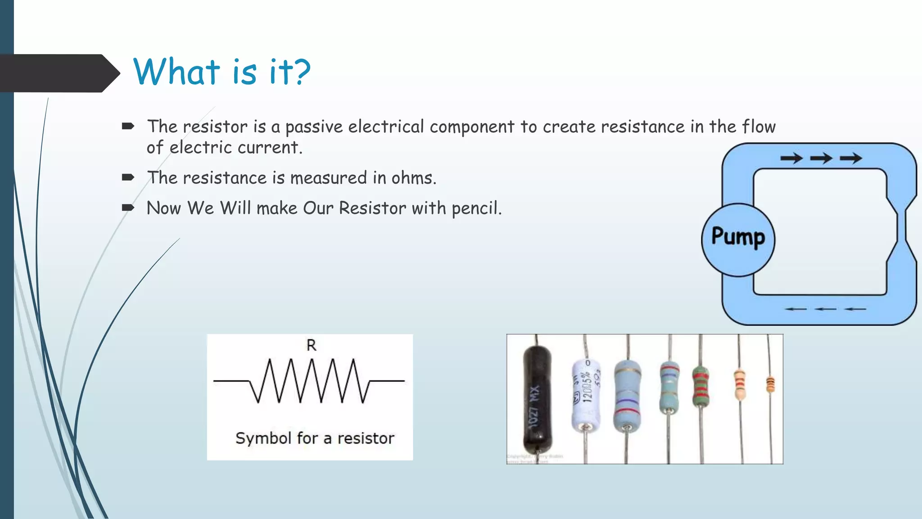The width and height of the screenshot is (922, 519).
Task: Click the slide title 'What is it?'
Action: (x=221, y=72)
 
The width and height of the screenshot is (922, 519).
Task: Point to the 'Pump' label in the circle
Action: (x=738, y=237)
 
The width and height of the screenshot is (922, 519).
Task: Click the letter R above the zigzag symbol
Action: (x=311, y=345)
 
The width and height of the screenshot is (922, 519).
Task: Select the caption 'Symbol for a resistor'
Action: (x=315, y=438)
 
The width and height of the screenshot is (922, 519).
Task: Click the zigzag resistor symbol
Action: (x=310, y=381)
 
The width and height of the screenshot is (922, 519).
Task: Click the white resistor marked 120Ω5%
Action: (x=586, y=392)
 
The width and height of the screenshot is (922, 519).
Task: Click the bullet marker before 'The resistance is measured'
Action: (x=128, y=178)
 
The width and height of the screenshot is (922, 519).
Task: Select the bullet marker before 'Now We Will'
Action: (x=128, y=208)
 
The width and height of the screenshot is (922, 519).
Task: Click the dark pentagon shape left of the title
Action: (x=59, y=73)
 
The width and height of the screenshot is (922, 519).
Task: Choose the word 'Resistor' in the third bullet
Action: (x=372, y=208)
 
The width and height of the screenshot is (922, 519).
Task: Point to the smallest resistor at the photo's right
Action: (x=770, y=385)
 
